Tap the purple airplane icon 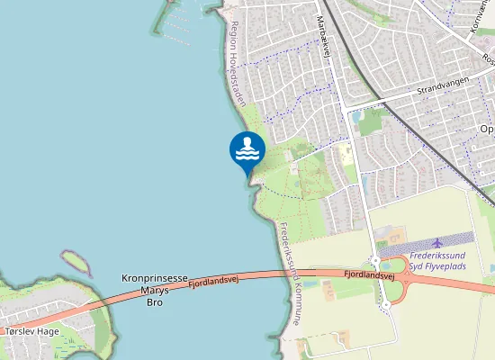(x=438, y=243)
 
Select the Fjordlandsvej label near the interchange (x=371, y=275)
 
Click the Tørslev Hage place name (x=31, y=331)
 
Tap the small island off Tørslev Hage (x=76, y=263)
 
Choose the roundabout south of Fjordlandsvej (x=386, y=304)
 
